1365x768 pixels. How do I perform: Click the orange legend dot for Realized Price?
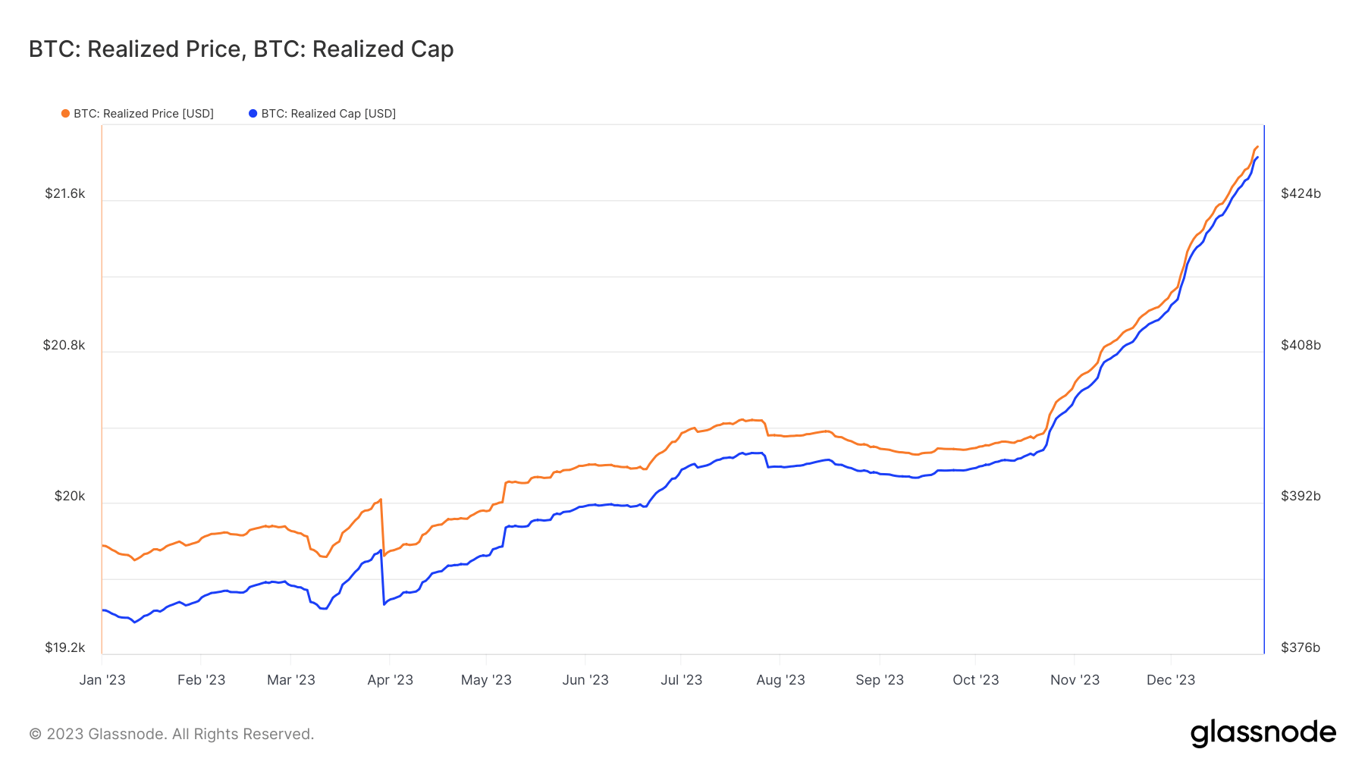[65, 114]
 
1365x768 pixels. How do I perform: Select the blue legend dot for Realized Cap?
[253, 114]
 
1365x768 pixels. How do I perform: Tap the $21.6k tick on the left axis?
[65, 193]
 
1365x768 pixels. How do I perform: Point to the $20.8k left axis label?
[64, 345]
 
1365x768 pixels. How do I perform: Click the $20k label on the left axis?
[70, 496]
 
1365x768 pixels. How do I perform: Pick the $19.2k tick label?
[65, 647]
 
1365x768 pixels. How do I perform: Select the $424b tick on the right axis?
[1301, 193]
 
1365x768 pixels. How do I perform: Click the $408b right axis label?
[1301, 345]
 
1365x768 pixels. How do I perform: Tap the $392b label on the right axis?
[1301, 496]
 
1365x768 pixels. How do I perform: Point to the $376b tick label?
[1301, 647]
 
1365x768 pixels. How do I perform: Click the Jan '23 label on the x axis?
[102, 680]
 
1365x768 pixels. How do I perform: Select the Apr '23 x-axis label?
[390, 680]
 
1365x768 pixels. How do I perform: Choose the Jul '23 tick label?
[681, 680]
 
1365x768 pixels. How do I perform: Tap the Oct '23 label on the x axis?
[975, 680]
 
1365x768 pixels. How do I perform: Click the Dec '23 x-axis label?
[1171, 680]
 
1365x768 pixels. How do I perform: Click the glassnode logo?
[1263, 733]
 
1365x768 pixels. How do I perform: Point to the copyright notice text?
[171, 734]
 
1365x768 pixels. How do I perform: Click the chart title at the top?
[241, 49]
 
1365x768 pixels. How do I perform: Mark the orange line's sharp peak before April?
[381, 499]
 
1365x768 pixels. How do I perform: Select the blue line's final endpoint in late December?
[1258, 158]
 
